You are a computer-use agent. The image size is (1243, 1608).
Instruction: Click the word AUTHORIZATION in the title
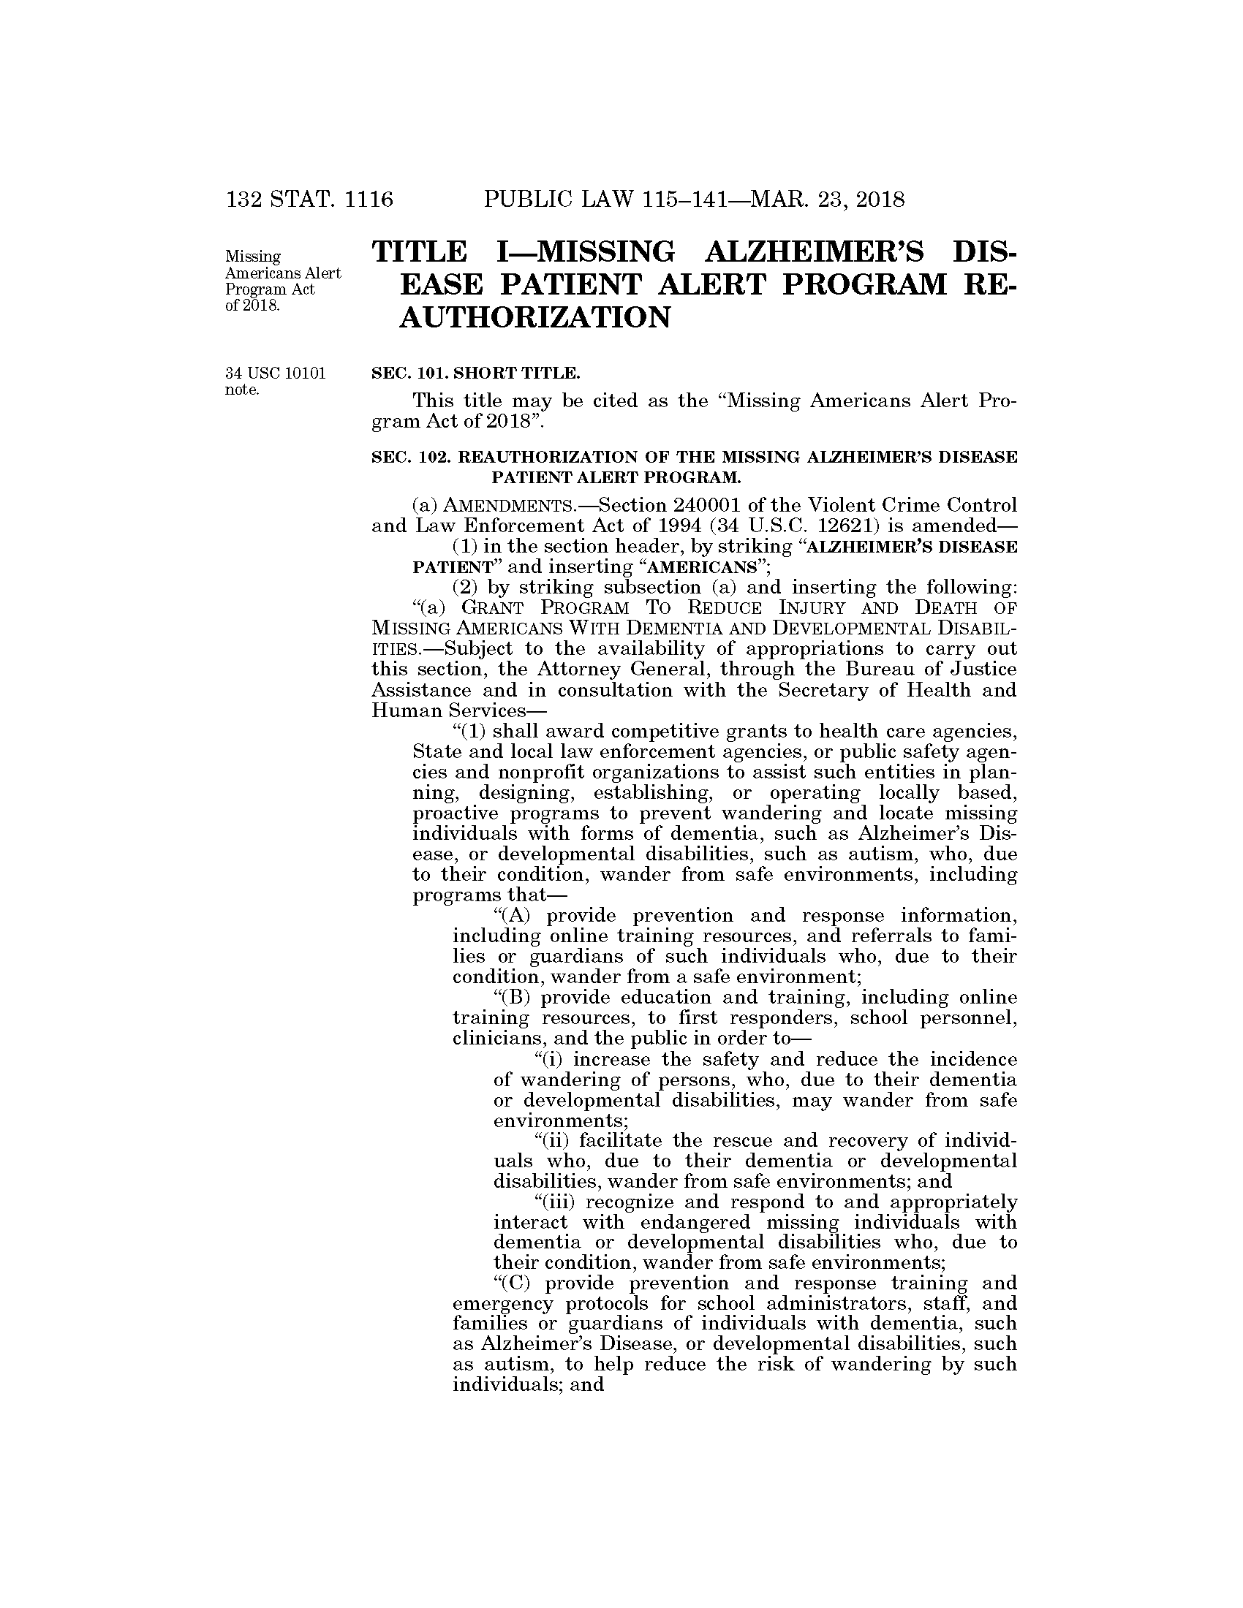[x=534, y=317]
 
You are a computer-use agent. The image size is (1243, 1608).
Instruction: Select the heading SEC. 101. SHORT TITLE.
[x=476, y=373]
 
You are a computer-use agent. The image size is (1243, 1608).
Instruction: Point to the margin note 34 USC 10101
[x=276, y=373]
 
